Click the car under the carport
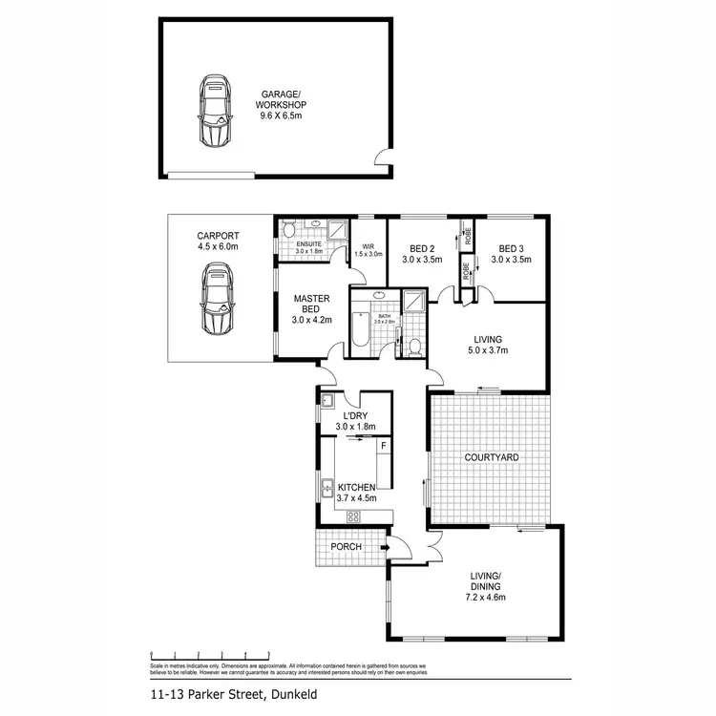point(217,300)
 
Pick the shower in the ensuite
point(337,229)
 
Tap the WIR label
point(368,245)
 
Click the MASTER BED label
point(311,304)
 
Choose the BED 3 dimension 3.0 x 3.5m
point(512,259)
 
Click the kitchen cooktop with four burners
point(352,517)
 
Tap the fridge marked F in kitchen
point(383,446)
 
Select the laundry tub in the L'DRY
point(326,400)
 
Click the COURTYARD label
point(492,458)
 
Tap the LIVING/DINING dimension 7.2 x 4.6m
point(486,597)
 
